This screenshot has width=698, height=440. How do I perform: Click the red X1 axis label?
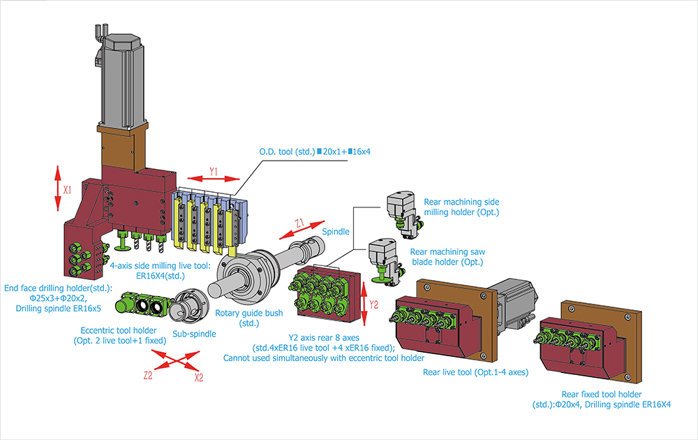pos(67,190)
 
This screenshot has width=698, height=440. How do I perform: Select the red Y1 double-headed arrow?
pos(214,179)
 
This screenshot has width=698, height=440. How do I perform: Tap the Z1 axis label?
pos(299,223)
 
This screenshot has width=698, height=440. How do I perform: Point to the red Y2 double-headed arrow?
pos(364,304)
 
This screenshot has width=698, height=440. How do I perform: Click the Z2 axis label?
pos(148,376)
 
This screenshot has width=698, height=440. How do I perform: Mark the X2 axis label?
pos(198,378)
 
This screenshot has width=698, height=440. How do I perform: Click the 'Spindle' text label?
pos(336,232)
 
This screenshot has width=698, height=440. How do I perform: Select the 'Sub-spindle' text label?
pos(194,334)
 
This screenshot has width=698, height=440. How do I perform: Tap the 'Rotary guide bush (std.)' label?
pos(249,318)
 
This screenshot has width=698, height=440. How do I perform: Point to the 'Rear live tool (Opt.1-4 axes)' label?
pos(475,372)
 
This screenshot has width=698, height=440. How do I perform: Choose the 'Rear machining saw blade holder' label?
pos(447,257)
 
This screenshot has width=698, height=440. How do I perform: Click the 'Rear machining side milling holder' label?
pos(461,207)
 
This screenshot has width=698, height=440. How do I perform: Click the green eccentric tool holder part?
pos(142,305)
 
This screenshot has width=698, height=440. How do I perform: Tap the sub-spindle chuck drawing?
pos(190,306)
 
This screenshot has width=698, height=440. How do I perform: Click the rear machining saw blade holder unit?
pos(385,261)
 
